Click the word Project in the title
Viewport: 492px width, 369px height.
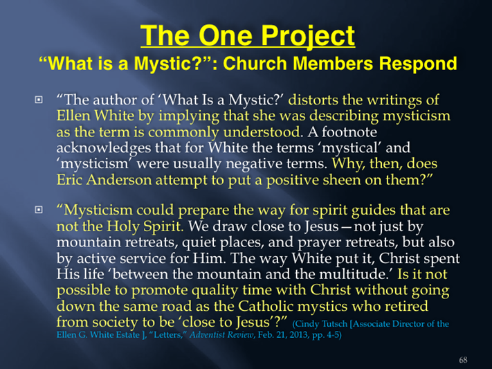pos(308,36)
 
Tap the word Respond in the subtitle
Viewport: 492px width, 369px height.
pos(418,64)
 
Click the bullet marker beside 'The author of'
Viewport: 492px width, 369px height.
pos(39,100)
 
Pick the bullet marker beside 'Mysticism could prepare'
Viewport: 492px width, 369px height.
pos(39,210)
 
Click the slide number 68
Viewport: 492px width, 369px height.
pos(463,359)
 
